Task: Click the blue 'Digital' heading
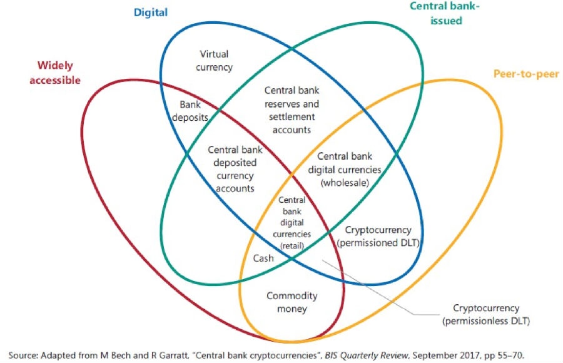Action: pos(151,12)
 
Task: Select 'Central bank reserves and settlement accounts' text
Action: pos(292,110)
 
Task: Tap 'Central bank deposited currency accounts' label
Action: pos(235,169)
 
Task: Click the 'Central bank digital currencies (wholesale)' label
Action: pos(345,170)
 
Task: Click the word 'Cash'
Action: pos(263,257)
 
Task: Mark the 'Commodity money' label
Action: pos(292,302)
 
